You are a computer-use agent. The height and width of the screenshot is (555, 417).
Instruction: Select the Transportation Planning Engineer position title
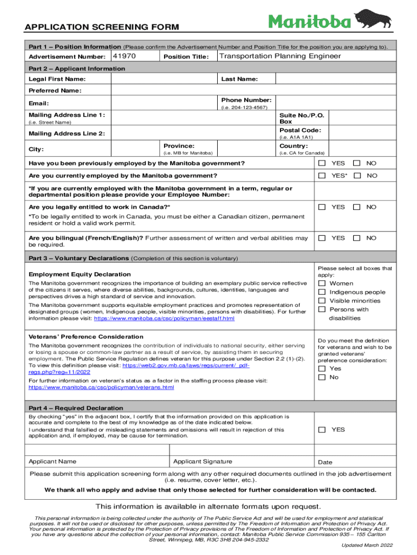[280, 56]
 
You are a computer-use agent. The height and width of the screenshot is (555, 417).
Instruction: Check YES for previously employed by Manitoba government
[322, 163]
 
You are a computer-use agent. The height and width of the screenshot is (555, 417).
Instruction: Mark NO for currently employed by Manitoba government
[357, 176]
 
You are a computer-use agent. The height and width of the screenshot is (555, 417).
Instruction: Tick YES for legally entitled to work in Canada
[322, 207]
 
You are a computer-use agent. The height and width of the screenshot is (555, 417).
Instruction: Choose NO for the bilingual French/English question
[357, 238]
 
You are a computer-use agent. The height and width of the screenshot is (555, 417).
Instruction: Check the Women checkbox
[322, 283]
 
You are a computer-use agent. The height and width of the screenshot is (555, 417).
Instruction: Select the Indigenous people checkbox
[322, 292]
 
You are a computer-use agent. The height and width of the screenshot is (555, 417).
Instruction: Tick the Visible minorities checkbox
[322, 301]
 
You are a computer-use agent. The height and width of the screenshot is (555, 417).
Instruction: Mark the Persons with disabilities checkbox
[322, 309]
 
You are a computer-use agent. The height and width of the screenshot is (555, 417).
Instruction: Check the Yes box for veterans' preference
[322, 369]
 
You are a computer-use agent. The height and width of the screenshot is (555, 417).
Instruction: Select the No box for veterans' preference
[322, 377]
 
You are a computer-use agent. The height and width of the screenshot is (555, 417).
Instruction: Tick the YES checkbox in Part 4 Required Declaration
[322, 429]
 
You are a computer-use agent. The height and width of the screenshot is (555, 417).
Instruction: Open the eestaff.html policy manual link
[164, 319]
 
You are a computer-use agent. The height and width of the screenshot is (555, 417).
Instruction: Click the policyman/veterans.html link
[101, 388]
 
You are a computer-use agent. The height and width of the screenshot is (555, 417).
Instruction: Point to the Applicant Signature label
[203, 462]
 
